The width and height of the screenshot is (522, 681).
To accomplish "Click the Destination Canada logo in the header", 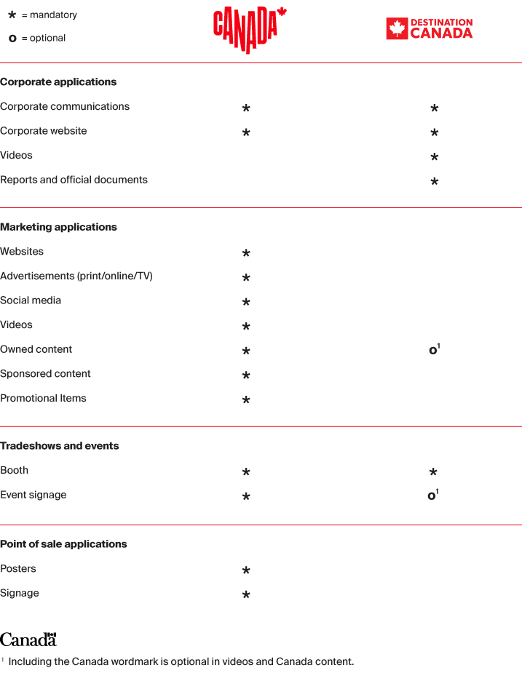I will click(429, 28).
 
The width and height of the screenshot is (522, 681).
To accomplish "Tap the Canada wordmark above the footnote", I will click(28, 640).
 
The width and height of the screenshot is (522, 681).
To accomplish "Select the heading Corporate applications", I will click(58, 82).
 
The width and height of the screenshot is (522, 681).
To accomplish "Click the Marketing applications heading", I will click(58, 227).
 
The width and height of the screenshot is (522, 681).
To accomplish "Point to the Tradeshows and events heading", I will click(60, 446).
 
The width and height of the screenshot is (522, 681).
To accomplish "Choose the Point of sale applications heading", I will click(63, 544).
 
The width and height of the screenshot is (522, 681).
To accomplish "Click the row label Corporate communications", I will click(65, 107).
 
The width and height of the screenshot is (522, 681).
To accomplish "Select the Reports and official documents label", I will click(74, 180).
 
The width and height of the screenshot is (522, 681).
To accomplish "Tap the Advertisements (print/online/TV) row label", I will click(76, 276).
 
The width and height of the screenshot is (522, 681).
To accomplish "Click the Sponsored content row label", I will click(45, 374).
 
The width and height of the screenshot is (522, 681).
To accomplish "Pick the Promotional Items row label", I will click(43, 399).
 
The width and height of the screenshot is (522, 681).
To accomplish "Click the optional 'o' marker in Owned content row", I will click(433, 351).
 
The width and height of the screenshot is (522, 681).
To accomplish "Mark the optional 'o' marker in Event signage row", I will click(432, 496).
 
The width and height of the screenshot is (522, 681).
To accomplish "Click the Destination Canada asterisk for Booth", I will click(434, 472).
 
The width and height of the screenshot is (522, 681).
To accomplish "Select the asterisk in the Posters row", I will click(246, 570).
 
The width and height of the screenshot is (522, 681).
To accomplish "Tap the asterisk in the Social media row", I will click(246, 302).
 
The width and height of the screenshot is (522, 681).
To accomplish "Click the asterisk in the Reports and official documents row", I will click(434, 181).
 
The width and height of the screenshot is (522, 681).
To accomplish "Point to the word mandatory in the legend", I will click(53, 15).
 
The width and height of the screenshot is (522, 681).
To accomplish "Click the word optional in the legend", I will click(48, 39).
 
